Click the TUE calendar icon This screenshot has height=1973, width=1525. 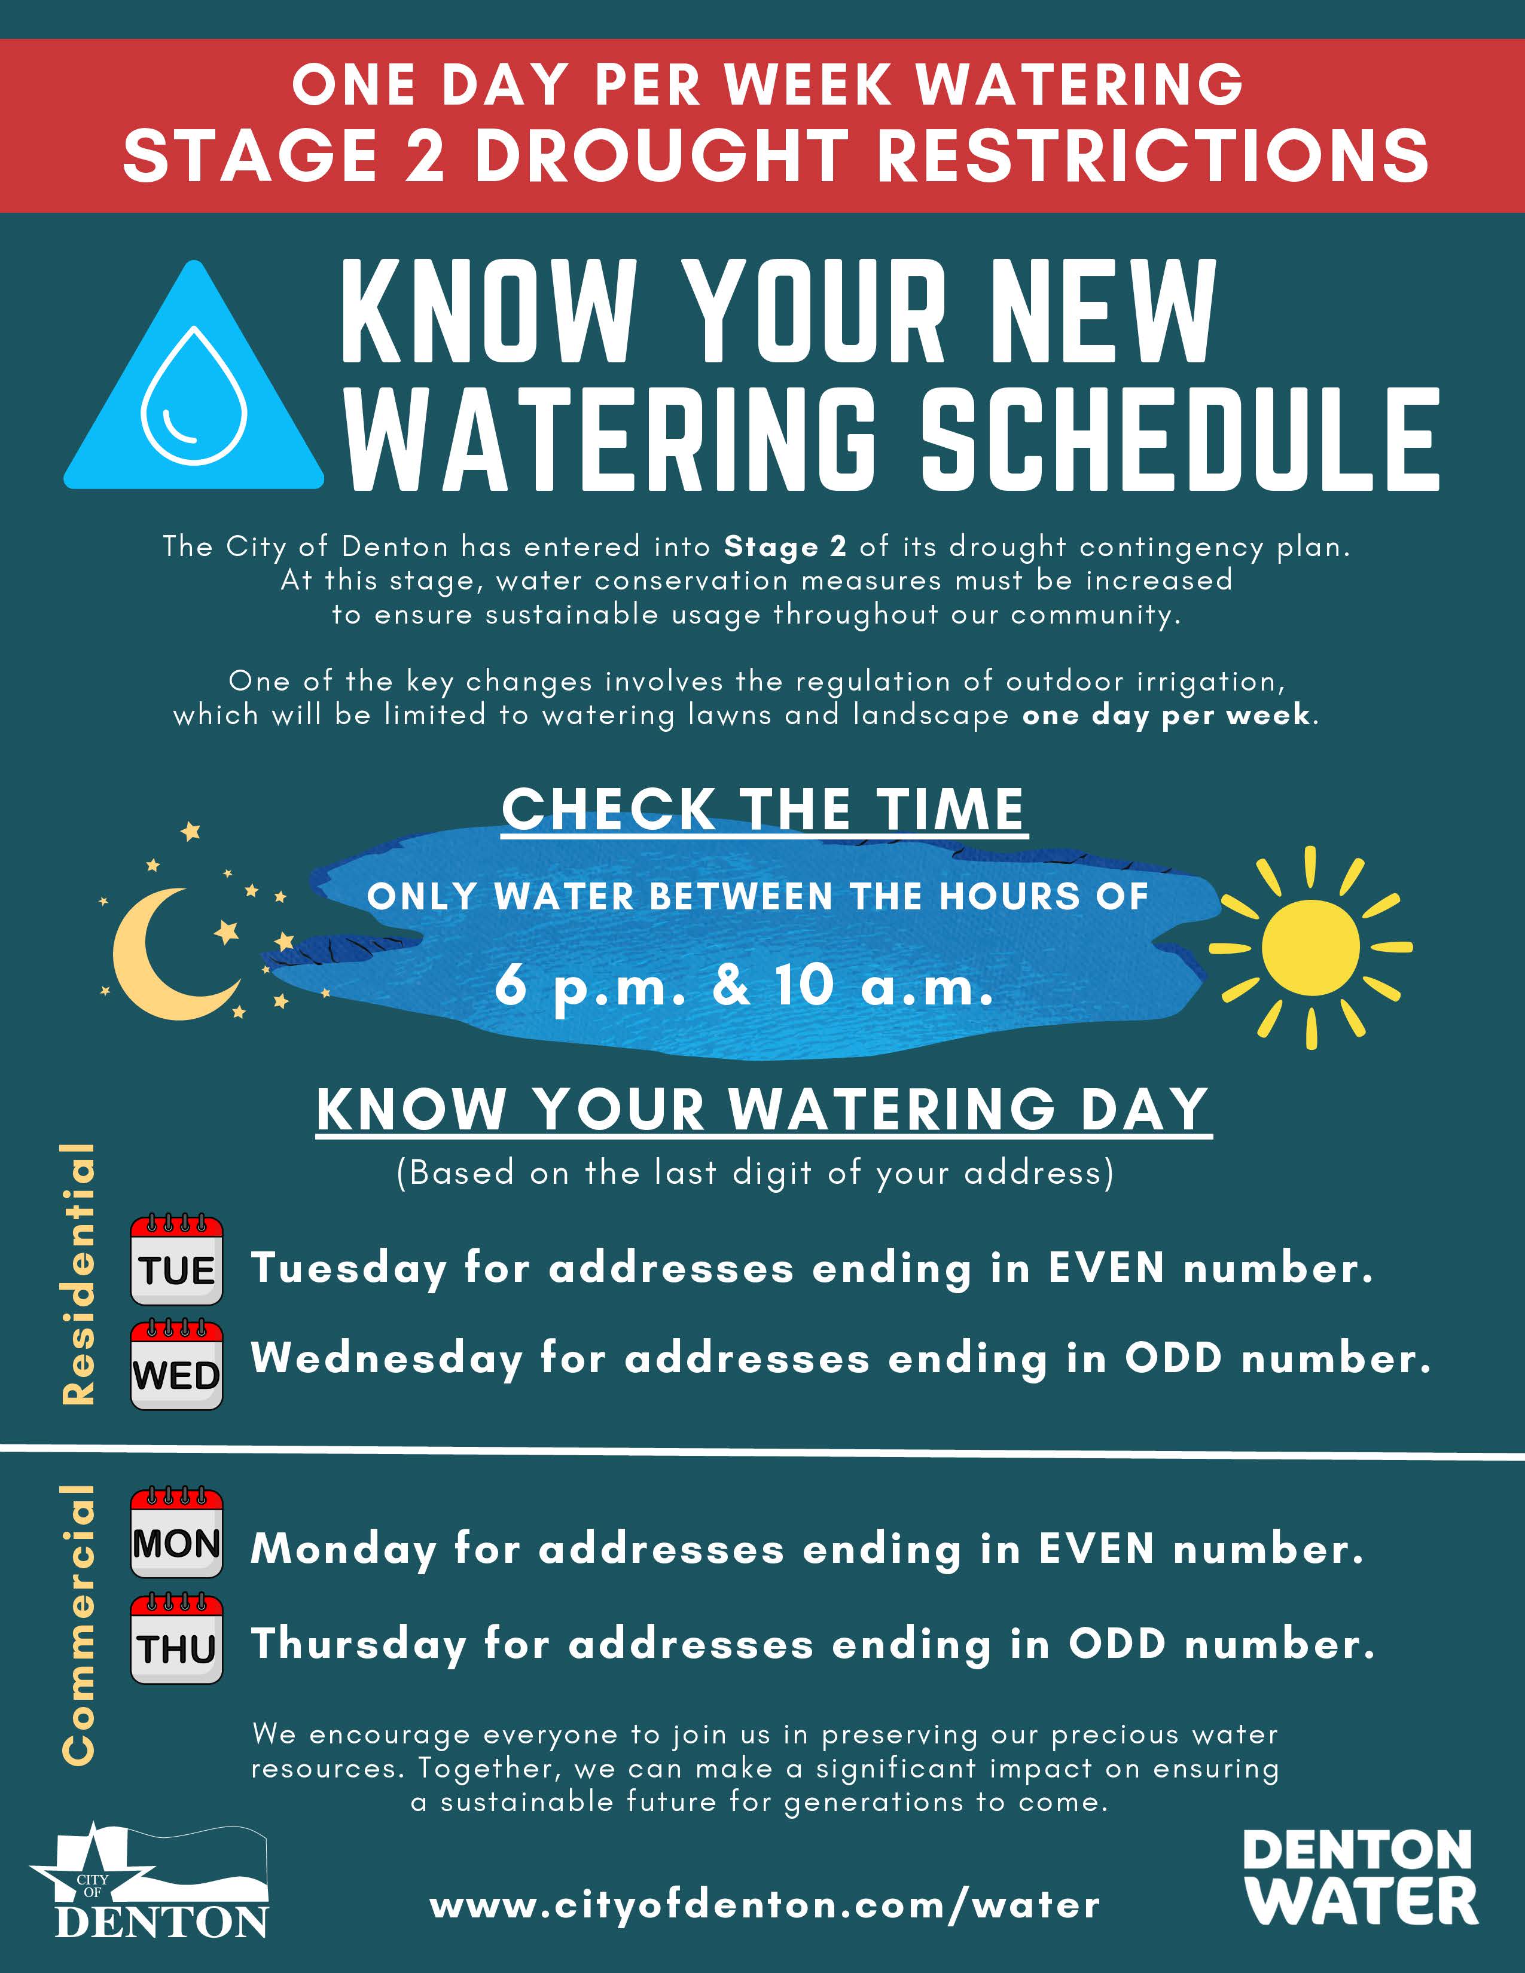pos(177,1260)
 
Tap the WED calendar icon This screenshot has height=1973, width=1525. pos(177,1365)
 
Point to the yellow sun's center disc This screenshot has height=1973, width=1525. pos(1310,948)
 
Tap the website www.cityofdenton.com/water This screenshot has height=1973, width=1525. pos(764,1905)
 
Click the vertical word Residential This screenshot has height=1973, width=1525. pos(80,1273)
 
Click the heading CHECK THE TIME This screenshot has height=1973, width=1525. pos(764,810)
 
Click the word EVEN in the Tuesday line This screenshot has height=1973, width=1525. pos(1106,1268)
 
